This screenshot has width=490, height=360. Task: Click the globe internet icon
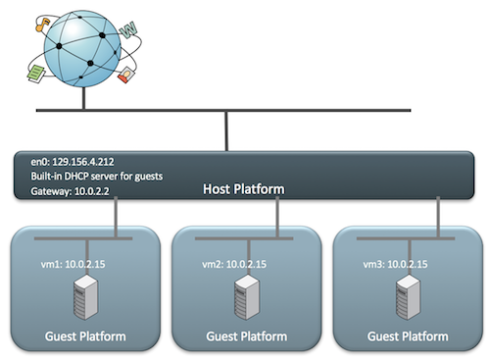pyautogui.click(x=82, y=49)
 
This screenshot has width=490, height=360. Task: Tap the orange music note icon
pyautogui.click(x=42, y=26)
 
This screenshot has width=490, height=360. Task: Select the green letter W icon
pyautogui.click(x=128, y=30)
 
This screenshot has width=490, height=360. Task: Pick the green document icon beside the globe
pyautogui.click(x=36, y=74)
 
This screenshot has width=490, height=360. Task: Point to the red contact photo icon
pyautogui.click(x=126, y=75)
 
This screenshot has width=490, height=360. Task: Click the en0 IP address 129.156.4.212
pyautogui.click(x=83, y=162)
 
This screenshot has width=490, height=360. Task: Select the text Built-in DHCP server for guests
pyautogui.click(x=97, y=177)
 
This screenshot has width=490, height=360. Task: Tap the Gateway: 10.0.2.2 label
pyautogui.click(x=70, y=191)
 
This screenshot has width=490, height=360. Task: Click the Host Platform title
pyautogui.click(x=244, y=189)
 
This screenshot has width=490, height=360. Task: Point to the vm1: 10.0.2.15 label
pyautogui.click(x=73, y=264)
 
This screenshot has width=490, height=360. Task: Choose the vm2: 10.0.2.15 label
pyautogui.click(x=234, y=264)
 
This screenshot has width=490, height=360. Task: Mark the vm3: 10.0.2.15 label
pyautogui.click(x=395, y=264)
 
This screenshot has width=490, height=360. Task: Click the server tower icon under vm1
pyautogui.click(x=85, y=297)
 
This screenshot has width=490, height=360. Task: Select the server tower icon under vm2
pyautogui.click(x=247, y=297)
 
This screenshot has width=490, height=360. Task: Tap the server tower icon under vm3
pyautogui.click(x=408, y=297)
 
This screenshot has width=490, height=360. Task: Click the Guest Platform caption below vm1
pyautogui.click(x=85, y=336)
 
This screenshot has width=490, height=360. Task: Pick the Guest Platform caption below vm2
pyautogui.click(x=247, y=336)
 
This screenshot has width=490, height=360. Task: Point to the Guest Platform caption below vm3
pyautogui.click(x=408, y=336)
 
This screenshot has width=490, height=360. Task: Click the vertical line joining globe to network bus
pyautogui.click(x=84, y=98)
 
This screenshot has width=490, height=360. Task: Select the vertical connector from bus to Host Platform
pyautogui.click(x=226, y=131)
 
